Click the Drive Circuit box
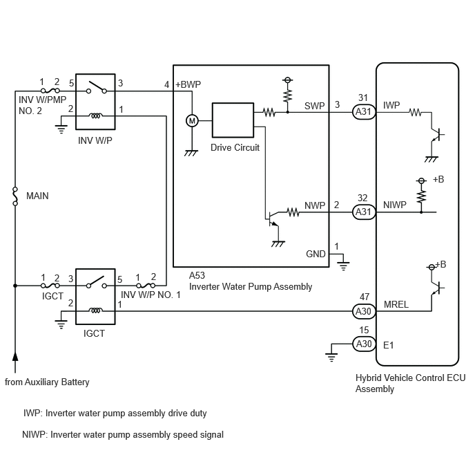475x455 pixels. tap(233, 120)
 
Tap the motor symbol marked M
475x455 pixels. tap(192, 121)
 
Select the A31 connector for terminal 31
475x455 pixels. tap(364, 111)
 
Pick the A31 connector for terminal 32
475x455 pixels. tap(364, 212)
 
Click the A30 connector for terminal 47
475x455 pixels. tap(364, 311)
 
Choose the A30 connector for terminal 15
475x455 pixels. tap(364, 344)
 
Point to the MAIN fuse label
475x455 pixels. tap(37, 196)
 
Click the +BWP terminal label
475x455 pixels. tap(188, 84)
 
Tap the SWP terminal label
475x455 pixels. tap(314, 106)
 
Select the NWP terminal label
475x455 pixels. tap(315, 205)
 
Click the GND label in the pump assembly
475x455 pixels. tap(316, 254)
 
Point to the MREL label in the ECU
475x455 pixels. tap(396, 304)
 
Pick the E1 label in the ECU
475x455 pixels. tap(389, 345)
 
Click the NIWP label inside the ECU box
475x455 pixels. tap(395, 205)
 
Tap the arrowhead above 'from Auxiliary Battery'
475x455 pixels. tap(15, 357)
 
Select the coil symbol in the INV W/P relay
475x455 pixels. tap(95, 115)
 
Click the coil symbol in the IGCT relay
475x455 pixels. tap(95, 310)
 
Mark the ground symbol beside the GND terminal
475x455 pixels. tap(343, 266)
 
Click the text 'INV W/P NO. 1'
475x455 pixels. tap(151, 295)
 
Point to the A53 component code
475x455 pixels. tap(197, 275)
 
